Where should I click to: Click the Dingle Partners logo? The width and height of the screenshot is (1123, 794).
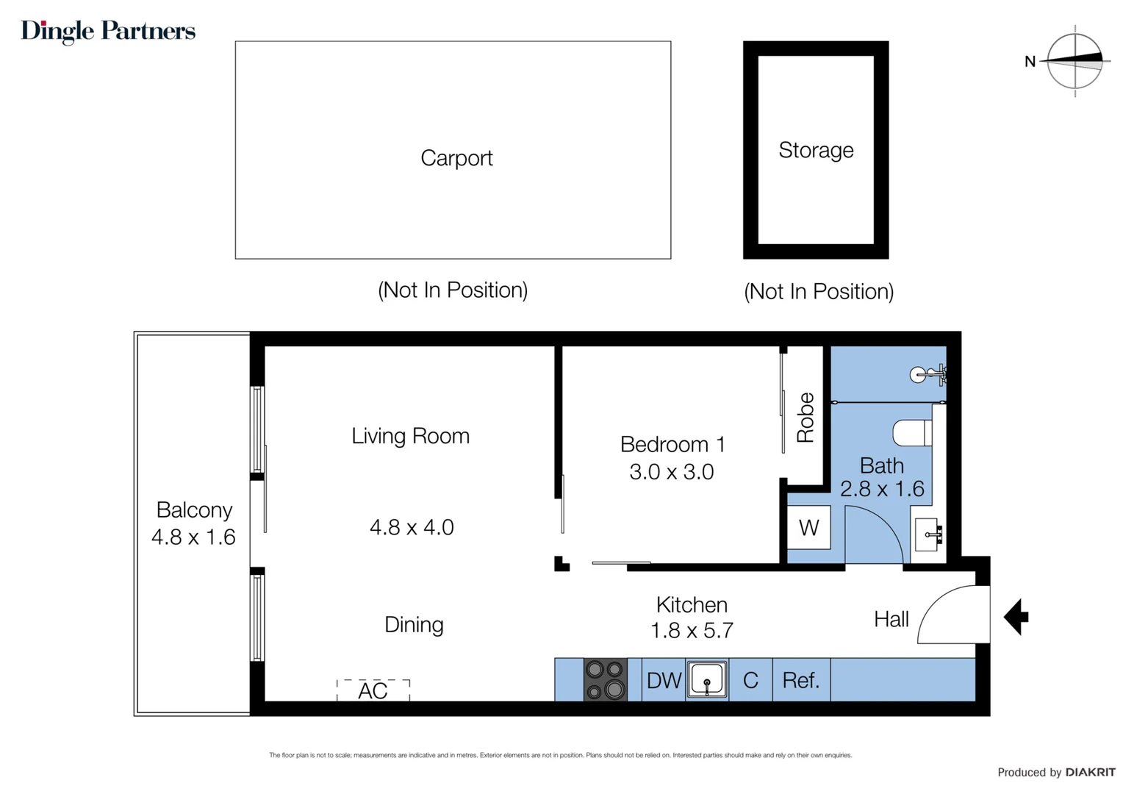[108, 31]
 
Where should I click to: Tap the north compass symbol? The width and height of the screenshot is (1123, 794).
[1074, 61]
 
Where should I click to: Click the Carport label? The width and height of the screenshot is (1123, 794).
[456, 158]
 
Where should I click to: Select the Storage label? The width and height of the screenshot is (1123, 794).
[816, 150]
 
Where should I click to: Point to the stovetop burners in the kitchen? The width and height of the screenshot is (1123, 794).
[606, 680]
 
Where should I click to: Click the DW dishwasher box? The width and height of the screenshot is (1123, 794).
[664, 681]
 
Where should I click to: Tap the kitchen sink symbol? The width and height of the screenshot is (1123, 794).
[707, 680]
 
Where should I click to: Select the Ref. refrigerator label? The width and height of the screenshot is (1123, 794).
[800, 681]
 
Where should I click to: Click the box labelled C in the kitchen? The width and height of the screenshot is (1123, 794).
[750, 681]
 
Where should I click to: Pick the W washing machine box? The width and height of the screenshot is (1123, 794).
[808, 527]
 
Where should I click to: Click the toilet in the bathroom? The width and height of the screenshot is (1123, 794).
[912, 433]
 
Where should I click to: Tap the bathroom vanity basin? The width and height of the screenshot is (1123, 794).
[928, 534]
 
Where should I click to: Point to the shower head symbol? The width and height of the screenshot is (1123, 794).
[926, 375]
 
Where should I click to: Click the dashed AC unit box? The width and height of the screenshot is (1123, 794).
[373, 690]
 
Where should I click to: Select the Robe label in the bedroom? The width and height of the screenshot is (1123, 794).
[806, 418]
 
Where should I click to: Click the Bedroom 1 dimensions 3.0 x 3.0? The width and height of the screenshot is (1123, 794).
[672, 472]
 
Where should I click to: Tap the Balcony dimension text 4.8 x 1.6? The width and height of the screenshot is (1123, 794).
[193, 537]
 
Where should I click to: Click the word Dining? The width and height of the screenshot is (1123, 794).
[414, 625]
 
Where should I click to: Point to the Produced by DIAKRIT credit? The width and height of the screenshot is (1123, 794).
[1055, 772]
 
